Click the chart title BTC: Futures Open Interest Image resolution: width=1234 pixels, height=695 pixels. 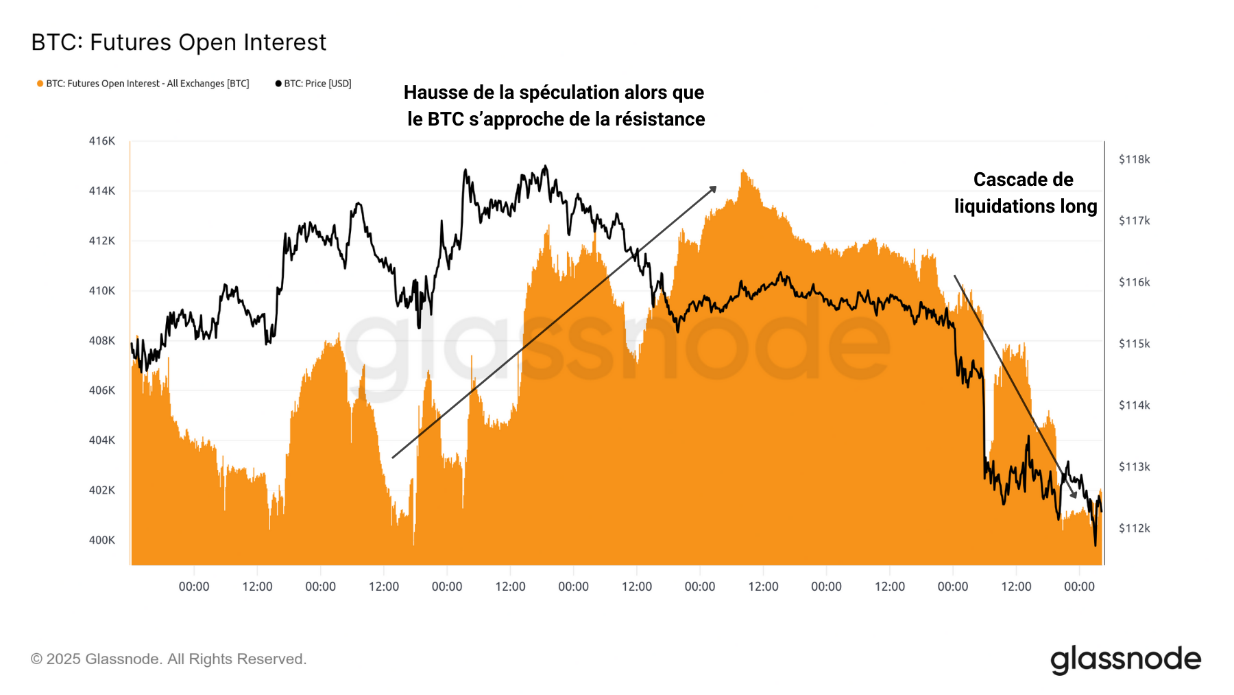point(179,43)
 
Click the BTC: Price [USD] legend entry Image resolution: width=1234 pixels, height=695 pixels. point(313,84)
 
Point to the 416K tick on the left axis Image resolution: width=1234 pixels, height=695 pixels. point(102,141)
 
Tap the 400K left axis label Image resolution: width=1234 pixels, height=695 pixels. point(102,540)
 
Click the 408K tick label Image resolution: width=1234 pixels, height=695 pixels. point(102,340)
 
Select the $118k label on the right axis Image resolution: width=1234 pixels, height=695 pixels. point(1134,159)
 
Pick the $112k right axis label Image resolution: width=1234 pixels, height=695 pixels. point(1134,528)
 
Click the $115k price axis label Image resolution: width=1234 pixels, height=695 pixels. point(1134,343)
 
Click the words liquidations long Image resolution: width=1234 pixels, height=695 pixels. point(1026,207)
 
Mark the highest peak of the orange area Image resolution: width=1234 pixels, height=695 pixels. point(743,171)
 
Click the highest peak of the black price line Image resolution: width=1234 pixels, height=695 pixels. point(545,166)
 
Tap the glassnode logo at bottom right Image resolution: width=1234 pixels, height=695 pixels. point(1126,659)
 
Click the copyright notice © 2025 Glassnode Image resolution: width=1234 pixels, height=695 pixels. point(169,659)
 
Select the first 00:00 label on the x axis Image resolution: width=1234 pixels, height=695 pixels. point(194,587)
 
